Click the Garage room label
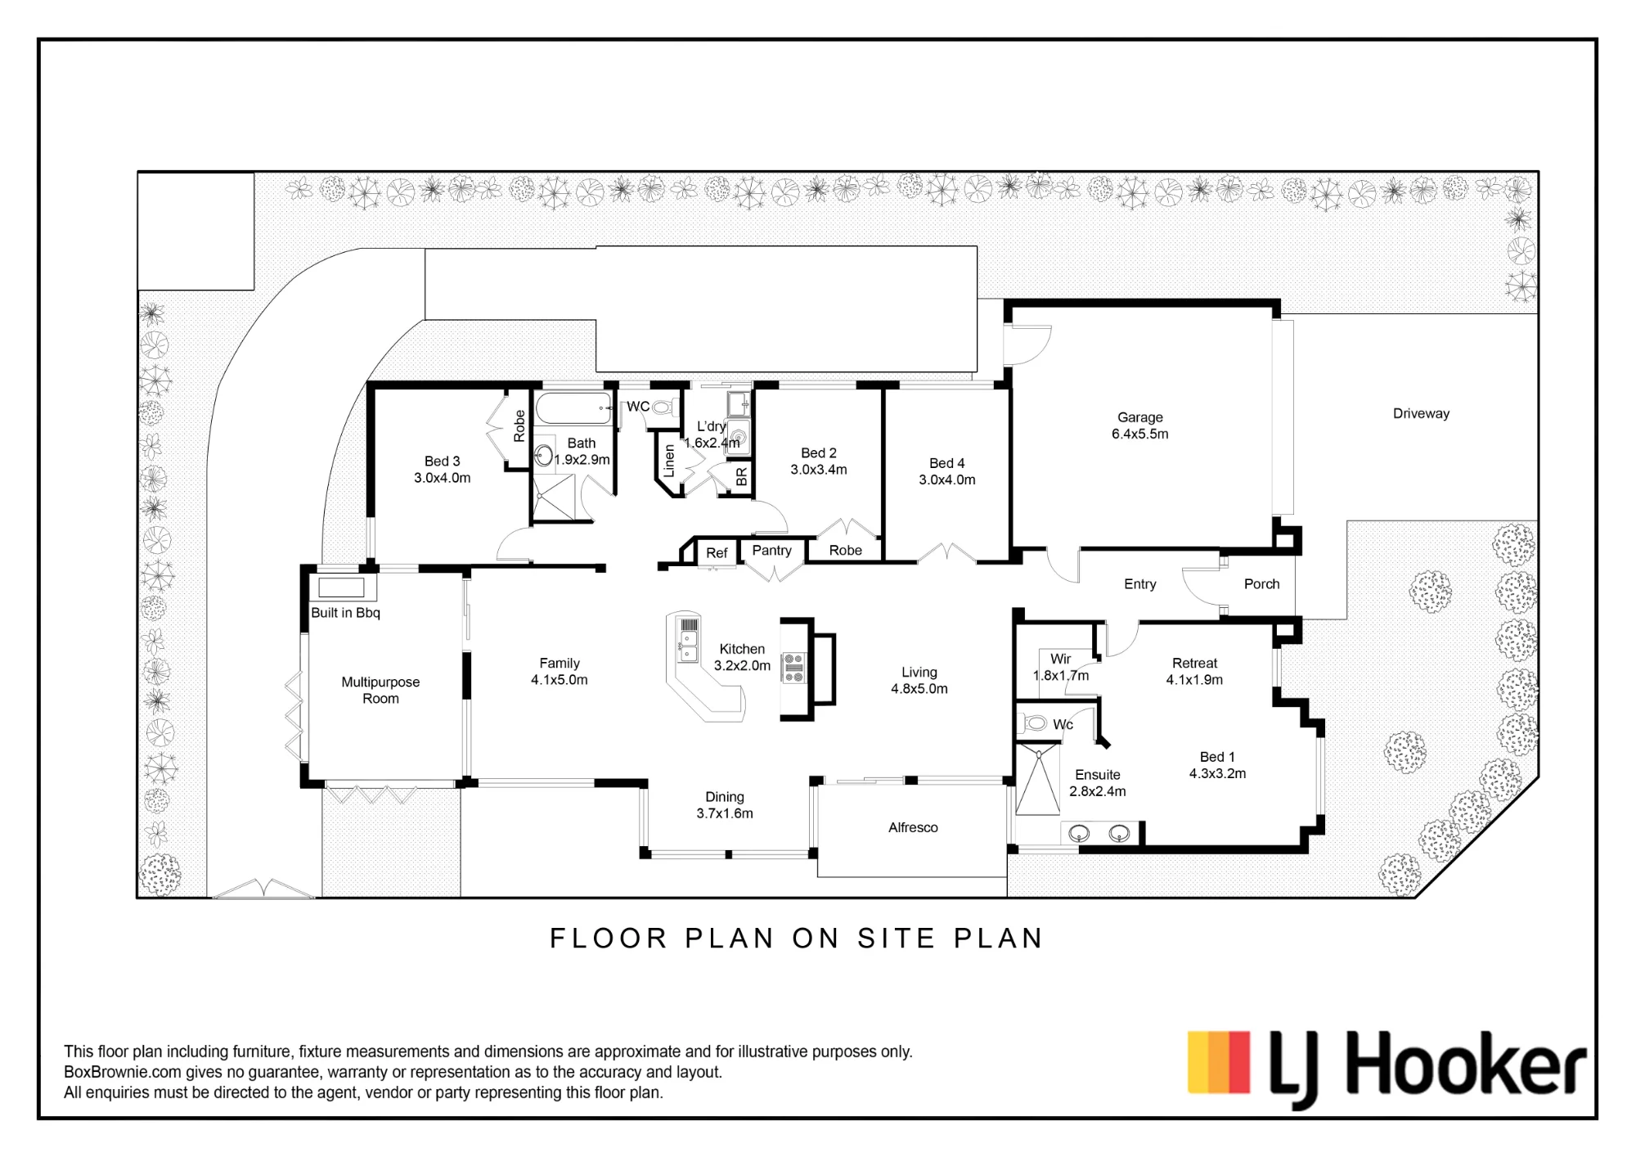tap(1139, 417)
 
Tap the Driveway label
tap(1421, 413)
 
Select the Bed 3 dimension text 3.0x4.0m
tap(442, 478)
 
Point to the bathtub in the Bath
tap(573, 407)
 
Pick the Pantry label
tap(771, 550)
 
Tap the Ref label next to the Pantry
tap(717, 553)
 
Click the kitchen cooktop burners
tap(793, 667)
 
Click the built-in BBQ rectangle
tap(341, 588)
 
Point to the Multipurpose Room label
tap(380, 690)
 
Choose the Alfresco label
tap(913, 827)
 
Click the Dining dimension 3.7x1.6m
tap(725, 813)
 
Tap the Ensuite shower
tap(1036, 779)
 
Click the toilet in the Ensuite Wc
tap(1035, 723)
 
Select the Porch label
tap(1261, 583)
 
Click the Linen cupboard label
tap(669, 461)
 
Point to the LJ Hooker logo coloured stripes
tap(1219, 1062)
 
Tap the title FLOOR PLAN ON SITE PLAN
tap(797, 939)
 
